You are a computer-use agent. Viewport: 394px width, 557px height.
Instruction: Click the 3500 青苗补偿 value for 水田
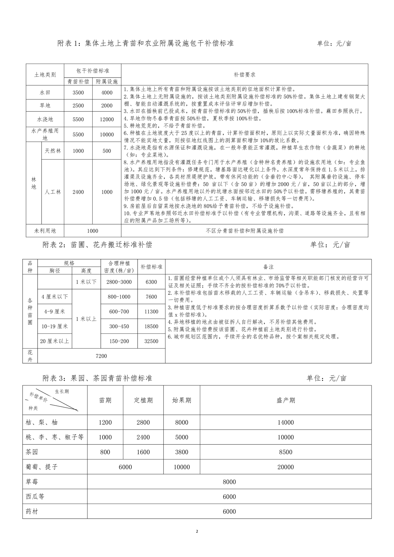pyautogui.click(x=78, y=93)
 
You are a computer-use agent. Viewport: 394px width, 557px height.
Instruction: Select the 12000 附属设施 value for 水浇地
pyautogui.click(x=107, y=119)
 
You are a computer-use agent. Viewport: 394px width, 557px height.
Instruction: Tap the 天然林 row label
pyautogui.click(x=53, y=151)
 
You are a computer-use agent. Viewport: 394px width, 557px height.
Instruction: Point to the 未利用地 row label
pyautogui.click(x=45, y=231)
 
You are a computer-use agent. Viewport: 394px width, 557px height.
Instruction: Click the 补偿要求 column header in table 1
pyautogui.click(x=244, y=75)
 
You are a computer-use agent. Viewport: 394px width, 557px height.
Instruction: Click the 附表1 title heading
pyautogui.click(x=145, y=43)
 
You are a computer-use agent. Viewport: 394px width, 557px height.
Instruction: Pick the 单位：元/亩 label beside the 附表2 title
pyautogui.click(x=330, y=245)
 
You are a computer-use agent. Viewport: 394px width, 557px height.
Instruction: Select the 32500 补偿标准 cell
pyautogui.click(x=151, y=341)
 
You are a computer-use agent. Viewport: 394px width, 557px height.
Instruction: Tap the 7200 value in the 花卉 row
pyautogui.click(x=101, y=356)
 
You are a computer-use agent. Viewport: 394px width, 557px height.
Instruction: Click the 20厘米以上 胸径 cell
pyautogui.click(x=55, y=341)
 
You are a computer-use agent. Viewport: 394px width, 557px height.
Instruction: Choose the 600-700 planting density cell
pyautogui.click(x=119, y=311)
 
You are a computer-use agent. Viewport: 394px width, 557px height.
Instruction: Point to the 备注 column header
pyautogui.click(x=268, y=267)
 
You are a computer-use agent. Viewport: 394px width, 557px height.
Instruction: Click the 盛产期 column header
pyautogui.click(x=286, y=400)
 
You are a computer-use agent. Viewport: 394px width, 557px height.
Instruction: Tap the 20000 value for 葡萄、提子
pyautogui.click(x=285, y=467)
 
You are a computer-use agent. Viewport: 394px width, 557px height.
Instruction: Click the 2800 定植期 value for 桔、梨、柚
pyautogui.click(x=143, y=423)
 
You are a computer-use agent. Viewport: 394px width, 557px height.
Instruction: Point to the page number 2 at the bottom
pyautogui.click(x=197, y=531)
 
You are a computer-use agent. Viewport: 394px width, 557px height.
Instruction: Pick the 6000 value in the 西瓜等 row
pyautogui.click(x=229, y=497)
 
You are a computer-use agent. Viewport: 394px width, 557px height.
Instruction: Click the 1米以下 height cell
pyautogui.click(x=86, y=282)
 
